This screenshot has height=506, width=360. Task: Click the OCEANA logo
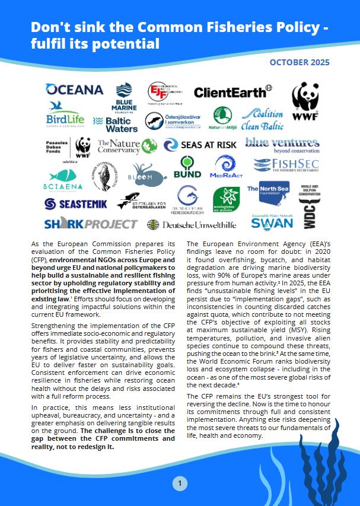tap(75, 90)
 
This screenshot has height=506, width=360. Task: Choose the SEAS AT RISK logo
tap(200, 145)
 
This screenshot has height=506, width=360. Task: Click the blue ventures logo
tap(282, 145)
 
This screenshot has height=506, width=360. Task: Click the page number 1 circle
tap(180, 484)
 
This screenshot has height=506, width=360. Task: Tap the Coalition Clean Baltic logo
tap(262, 119)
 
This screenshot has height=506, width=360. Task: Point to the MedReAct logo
tap(225, 168)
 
